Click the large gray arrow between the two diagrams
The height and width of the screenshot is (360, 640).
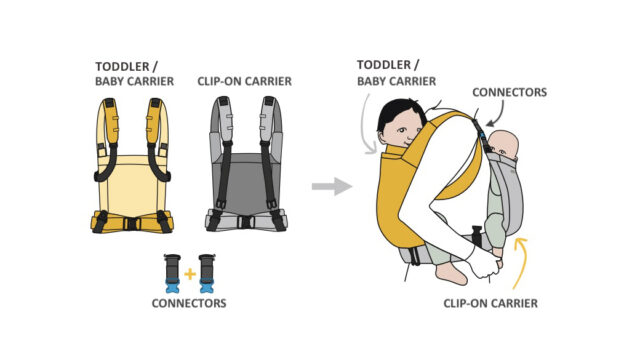331,187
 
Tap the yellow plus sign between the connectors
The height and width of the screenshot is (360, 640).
190,274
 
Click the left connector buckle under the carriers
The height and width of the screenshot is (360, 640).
172,273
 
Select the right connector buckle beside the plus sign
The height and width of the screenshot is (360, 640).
207,273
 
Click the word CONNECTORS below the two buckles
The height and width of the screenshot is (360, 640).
189,303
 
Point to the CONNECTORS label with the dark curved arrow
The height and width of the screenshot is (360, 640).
509,92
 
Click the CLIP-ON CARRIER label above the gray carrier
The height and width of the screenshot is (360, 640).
244,81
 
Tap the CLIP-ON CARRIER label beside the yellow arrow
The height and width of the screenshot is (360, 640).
491,303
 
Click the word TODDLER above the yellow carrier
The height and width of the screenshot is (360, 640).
122,67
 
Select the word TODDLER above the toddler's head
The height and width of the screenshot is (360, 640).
384,65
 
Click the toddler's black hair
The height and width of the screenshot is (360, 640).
398,111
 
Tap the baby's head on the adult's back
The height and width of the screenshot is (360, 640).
504,145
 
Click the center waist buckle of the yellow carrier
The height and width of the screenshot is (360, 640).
132,224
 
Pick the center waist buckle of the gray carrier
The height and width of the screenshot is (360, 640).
246,222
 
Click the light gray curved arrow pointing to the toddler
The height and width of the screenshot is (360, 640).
364,127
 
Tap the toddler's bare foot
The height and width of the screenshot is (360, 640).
451,273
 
